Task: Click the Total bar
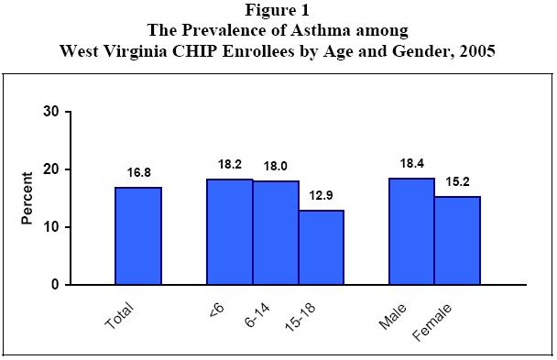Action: pos(137,235)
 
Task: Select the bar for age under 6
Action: pos(230,232)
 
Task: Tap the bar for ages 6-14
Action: pos(276,233)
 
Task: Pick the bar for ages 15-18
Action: pos(321,247)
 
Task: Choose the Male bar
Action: pos(411,231)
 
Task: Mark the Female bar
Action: pos(457,240)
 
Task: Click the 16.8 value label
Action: pos(137,171)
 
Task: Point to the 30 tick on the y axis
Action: pos(51,113)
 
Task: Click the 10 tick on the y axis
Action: pos(51,227)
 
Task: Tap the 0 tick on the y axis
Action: pos(55,285)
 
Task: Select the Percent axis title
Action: pos(27,198)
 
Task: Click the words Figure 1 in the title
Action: pos(278,11)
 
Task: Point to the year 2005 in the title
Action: pos(475,50)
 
